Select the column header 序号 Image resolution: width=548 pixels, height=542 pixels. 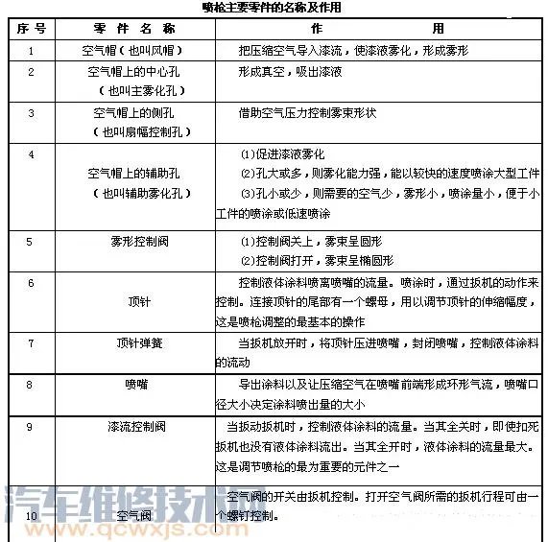tap(32, 28)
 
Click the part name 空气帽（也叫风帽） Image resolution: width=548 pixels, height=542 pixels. tap(134, 49)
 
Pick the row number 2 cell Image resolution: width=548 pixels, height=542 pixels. tap(32, 71)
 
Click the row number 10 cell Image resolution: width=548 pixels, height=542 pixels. tap(32, 516)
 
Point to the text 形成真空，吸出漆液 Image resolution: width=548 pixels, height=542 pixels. tap(290, 71)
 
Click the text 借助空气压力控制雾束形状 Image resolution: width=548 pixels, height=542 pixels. tap(307, 112)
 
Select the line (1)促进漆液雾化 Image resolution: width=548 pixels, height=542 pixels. tap(282, 153)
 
